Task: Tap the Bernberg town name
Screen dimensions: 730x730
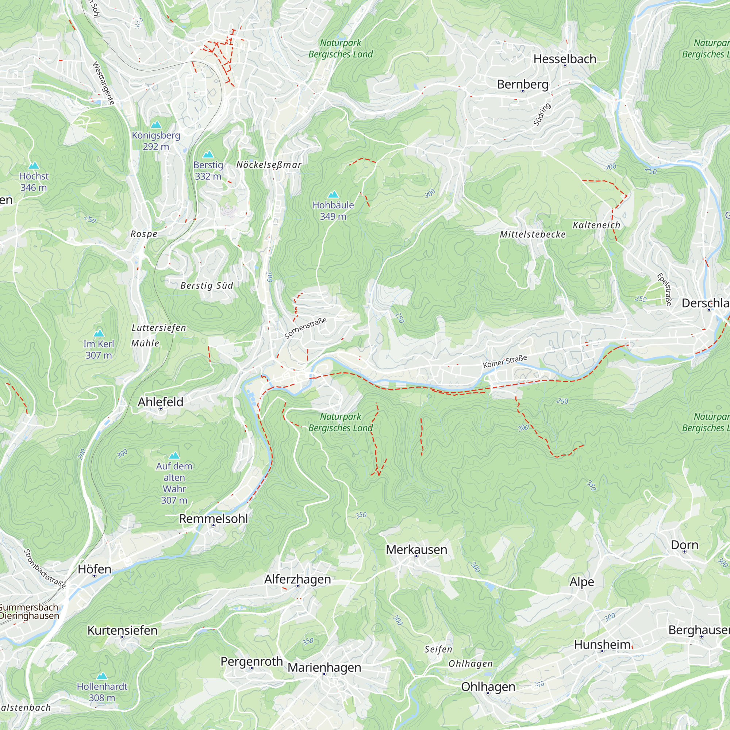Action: click(x=523, y=84)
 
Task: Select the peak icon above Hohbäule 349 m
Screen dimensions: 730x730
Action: click(x=333, y=195)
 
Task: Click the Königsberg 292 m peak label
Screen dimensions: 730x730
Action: click(x=156, y=141)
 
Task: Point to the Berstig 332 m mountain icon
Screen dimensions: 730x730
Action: click(x=208, y=154)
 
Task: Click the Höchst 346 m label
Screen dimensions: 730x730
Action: click(x=34, y=181)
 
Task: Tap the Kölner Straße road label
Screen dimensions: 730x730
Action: click(x=505, y=361)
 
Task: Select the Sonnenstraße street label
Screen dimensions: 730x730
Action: click(x=305, y=328)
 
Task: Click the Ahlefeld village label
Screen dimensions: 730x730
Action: click(x=160, y=401)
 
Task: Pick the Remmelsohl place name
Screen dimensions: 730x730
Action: click(x=214, y=519)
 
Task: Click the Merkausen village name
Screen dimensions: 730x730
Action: click(x=416, y=549)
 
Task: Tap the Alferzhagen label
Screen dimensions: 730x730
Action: click(x=297, y=579)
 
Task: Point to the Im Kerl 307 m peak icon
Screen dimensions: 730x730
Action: click(x=99, y=333)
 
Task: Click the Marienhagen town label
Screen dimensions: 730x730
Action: click(x=324, y=667)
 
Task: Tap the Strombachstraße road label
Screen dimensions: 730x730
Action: click(x=45, y=569)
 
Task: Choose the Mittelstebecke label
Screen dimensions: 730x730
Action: click(x=533, y=234)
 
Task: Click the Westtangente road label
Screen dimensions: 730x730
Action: click(x=103, y=83)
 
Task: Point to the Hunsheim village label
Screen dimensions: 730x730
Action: click(x=602, y=644)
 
